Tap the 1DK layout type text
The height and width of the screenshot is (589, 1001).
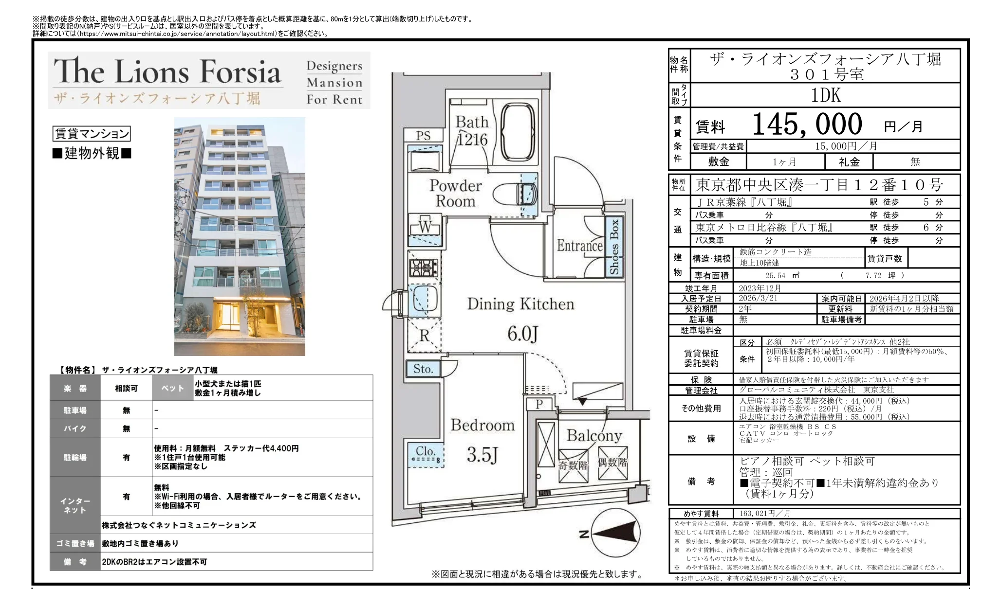826,95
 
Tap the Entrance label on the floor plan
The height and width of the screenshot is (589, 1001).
579,246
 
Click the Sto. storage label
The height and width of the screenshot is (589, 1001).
423,369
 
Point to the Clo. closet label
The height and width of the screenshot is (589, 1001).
425,451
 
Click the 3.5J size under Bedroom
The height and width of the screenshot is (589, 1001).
482,455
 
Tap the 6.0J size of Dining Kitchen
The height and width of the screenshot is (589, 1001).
522,334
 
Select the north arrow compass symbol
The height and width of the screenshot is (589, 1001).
614,534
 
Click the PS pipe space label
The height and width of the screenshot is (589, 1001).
423,135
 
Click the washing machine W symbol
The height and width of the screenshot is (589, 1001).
425,227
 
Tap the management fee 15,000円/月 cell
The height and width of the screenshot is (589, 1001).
853,146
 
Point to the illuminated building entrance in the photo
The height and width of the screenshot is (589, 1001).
232,317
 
